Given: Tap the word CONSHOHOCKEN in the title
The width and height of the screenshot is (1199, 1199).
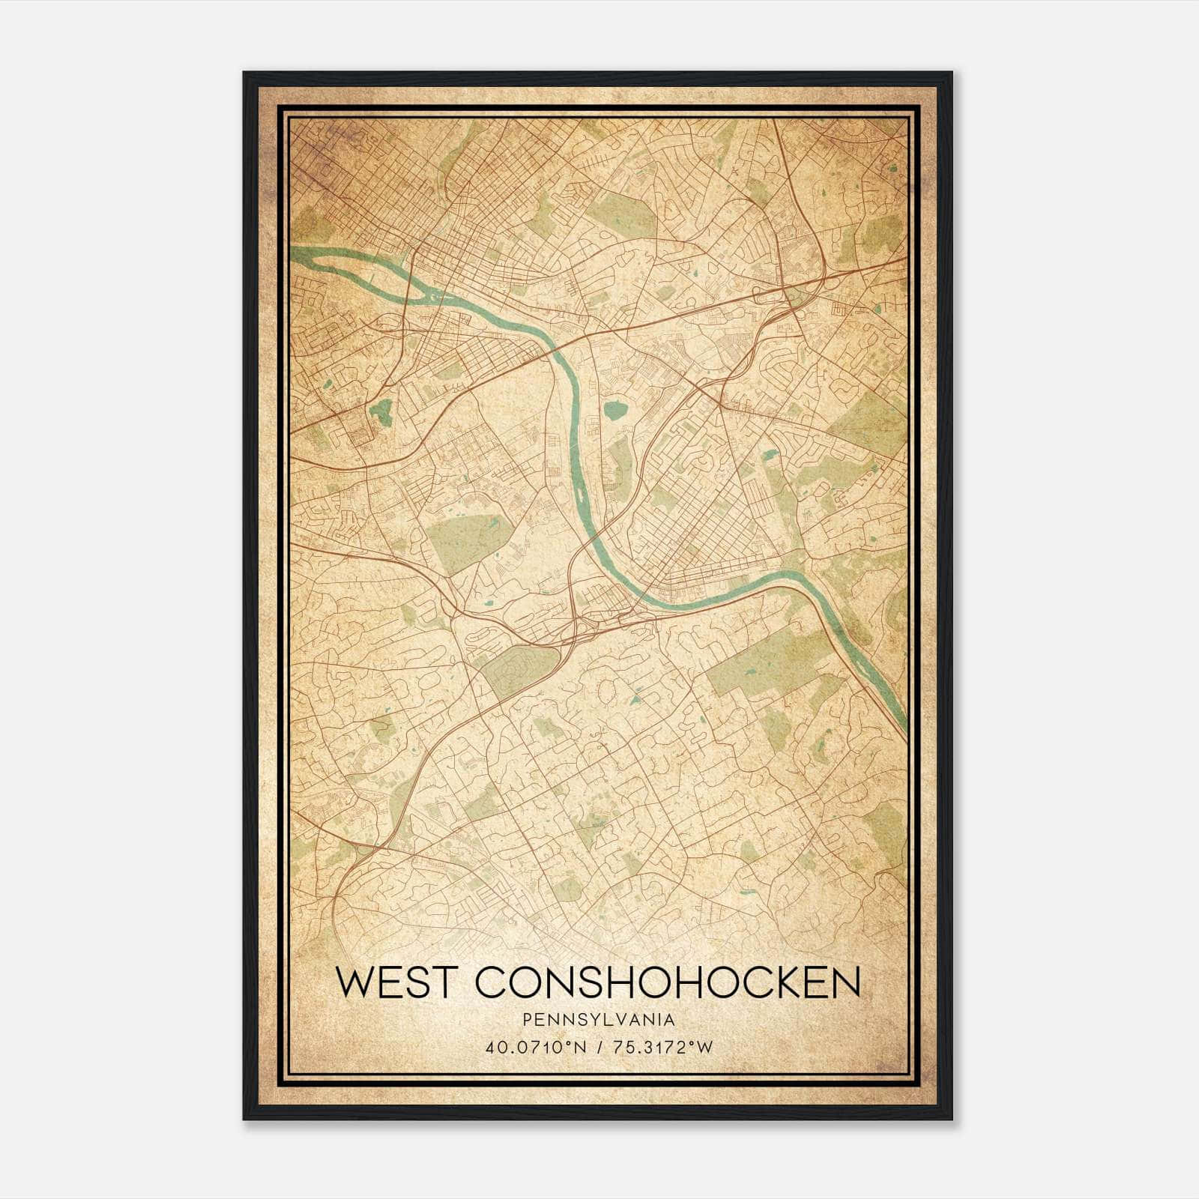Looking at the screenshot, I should point(668,982).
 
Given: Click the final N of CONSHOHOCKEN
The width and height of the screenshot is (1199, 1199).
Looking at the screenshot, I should point(847,982).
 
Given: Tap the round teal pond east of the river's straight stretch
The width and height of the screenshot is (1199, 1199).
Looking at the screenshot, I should point(616,409).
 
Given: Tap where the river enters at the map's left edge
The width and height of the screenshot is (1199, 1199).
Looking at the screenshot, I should point(294,250).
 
